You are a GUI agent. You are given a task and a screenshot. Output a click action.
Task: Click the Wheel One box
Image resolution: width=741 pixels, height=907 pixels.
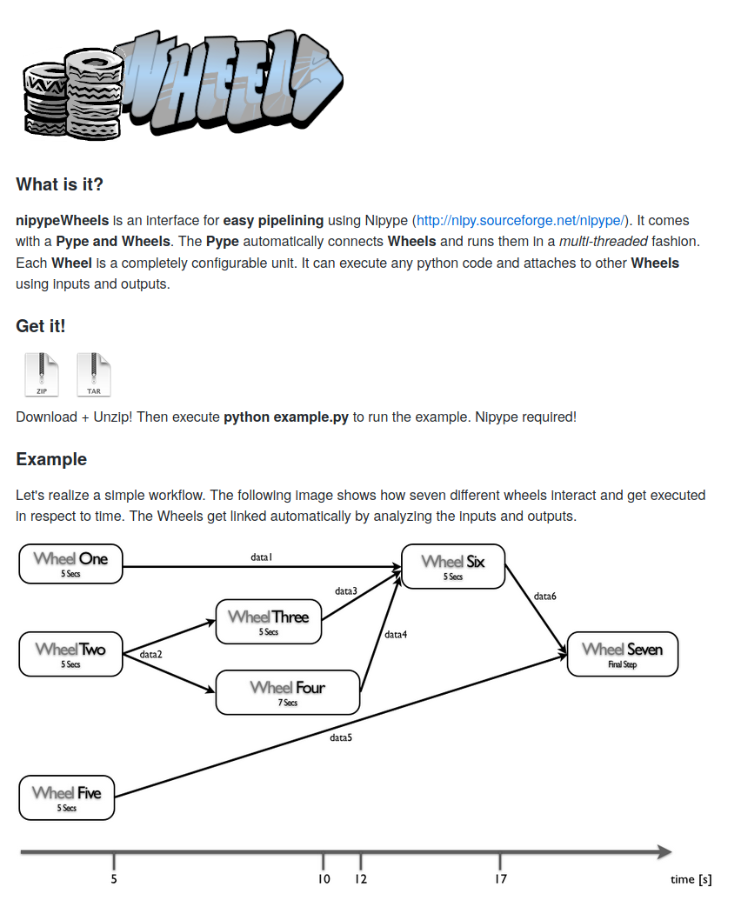pos(71,564)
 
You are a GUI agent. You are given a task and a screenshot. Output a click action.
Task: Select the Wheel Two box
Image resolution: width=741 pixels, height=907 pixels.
pos(71,654)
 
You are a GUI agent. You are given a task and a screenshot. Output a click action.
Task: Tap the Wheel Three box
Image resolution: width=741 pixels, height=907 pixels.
pos(268,622)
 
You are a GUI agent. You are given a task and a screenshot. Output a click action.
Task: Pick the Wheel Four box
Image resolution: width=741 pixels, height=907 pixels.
pos(287,692)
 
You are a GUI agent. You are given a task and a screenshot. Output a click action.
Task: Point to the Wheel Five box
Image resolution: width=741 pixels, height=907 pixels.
pos(67,797)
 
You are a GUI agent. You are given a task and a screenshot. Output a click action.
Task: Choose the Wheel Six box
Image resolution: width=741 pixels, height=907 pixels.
pos(452,566)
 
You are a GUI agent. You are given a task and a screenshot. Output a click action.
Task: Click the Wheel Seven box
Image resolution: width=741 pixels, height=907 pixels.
pos(622,654)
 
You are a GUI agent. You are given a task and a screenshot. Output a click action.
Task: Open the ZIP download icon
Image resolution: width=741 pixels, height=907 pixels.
pos(42,375)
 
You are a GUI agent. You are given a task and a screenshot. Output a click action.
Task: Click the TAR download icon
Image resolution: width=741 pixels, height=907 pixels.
pos(94,375)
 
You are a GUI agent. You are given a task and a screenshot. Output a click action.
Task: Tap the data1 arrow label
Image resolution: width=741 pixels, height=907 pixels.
pos(262,556)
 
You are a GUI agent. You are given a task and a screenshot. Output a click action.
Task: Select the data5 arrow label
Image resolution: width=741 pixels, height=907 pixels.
pos(341,737)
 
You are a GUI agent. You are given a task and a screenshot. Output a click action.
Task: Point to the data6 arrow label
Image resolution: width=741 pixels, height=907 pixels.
pos(545,597)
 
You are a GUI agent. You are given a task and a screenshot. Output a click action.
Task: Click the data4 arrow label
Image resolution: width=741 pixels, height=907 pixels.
pos(397,635)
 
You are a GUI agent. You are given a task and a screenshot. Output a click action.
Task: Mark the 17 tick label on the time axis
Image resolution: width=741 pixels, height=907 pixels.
pos(500,879)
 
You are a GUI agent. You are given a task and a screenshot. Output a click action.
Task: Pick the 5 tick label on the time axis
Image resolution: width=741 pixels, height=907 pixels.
pos(114,879)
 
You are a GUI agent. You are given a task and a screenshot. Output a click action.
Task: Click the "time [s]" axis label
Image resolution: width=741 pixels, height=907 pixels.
pos(691,879)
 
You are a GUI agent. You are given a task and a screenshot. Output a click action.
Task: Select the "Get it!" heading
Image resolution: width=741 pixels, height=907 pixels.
pos(41,326)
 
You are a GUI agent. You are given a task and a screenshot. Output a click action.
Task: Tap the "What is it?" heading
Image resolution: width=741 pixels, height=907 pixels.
pos(59,184)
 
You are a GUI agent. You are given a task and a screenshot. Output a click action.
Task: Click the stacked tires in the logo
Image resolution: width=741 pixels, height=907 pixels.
pos(74,91)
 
